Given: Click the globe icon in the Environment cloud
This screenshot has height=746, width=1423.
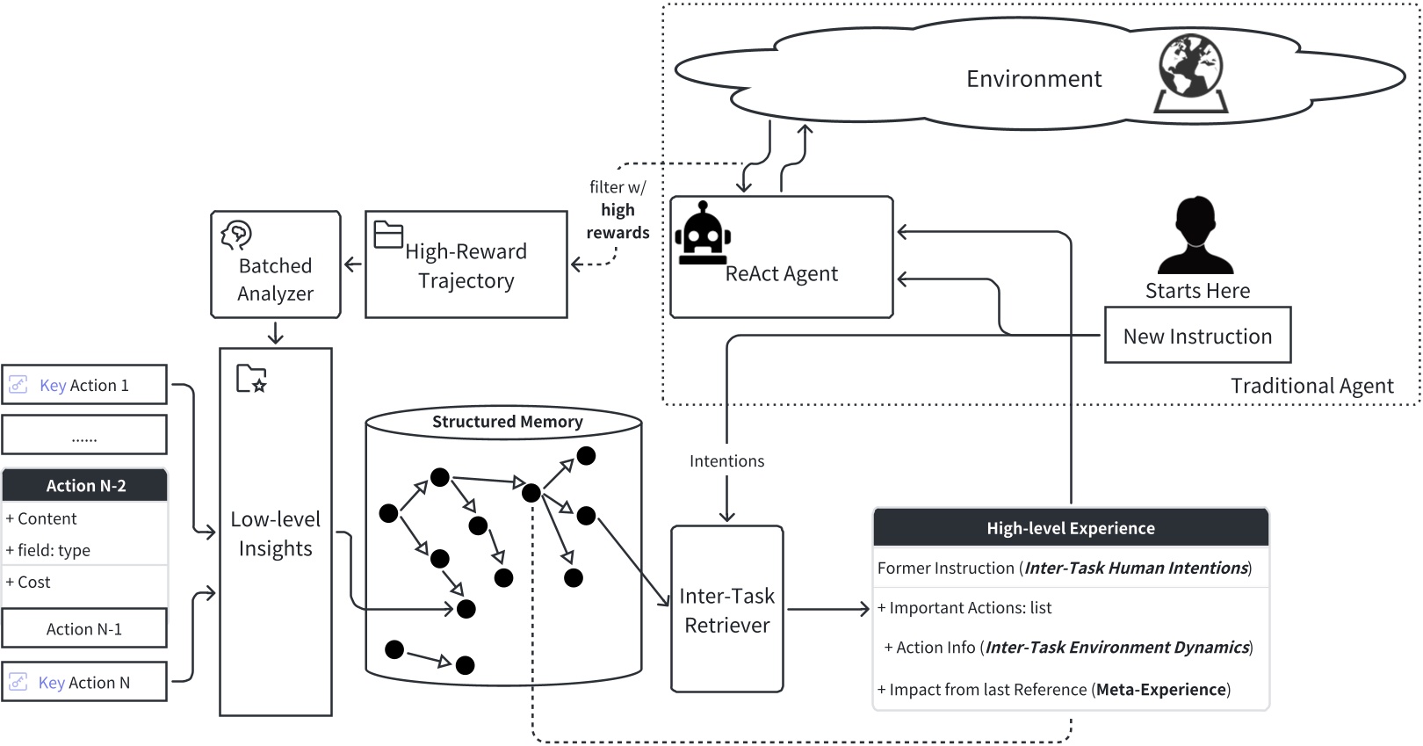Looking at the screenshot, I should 1190,74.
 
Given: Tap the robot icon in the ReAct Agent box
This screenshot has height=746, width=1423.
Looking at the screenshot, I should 702,234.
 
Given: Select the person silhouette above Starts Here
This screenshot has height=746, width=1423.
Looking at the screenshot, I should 1196,235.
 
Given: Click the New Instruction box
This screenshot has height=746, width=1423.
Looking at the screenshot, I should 1197,336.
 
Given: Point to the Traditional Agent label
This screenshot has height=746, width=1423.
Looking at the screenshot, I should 1311,386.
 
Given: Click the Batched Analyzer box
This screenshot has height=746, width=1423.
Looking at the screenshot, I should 275,264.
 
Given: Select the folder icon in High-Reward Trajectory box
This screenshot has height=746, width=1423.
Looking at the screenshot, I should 387,235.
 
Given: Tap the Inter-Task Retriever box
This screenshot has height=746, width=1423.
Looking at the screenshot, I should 726,609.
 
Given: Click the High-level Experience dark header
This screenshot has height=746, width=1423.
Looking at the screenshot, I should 1070,528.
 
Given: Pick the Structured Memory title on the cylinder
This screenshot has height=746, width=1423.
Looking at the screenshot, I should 507,422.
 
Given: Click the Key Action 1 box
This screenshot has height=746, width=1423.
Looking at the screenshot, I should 84,385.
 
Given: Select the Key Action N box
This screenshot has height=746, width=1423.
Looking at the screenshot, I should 84,682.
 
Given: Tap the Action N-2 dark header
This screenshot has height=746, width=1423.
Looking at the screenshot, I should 85,485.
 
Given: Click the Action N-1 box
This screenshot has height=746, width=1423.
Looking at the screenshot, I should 84,628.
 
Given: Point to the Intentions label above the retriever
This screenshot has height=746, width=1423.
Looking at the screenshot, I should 726,461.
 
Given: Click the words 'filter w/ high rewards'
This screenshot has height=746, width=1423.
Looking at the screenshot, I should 618,210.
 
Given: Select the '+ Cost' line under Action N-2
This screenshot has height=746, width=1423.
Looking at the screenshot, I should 28,582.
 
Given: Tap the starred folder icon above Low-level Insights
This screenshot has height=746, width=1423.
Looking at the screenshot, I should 251,379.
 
